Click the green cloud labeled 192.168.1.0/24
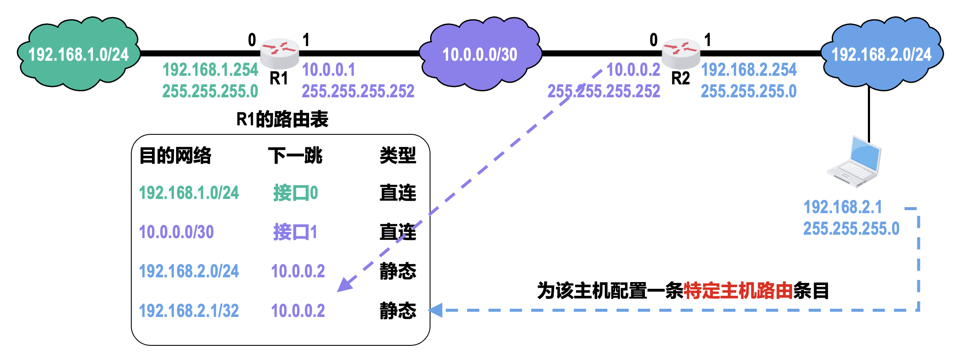point(79,54)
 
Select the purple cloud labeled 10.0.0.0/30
point(480,54)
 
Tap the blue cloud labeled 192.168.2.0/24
point(881,54)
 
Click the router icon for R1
point(279,53)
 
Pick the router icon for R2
point(681,53)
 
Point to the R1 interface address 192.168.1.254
point(210,70)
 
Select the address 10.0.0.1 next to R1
point(328,70)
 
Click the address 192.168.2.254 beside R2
point(749,70)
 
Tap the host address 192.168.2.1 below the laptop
point(842,207)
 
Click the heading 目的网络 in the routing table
point(175,155)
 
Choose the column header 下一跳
point(295,155)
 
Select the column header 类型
point(398,155)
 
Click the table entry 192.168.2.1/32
point(189,310)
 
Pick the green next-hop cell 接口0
point(295,193)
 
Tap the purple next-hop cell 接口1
point(295,232)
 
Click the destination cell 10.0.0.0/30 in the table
point(176,232)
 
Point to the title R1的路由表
point(282,119)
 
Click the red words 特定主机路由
point(738,291)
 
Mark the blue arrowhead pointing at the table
point(436,310)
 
